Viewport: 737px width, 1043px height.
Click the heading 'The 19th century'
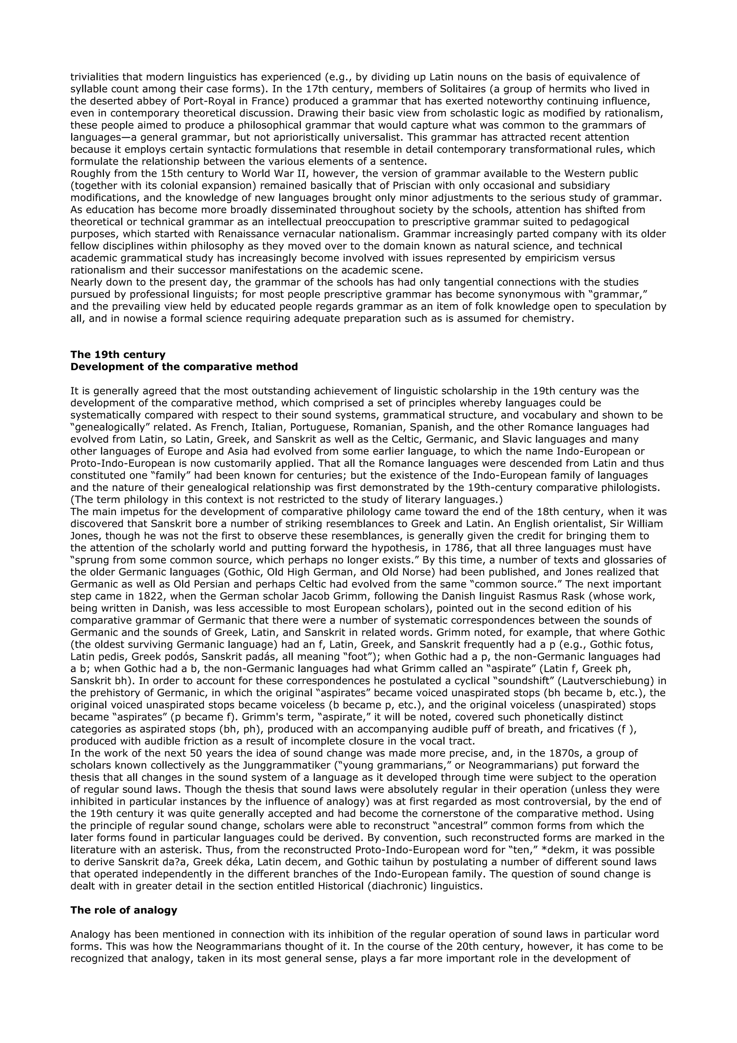[x=118, y=355]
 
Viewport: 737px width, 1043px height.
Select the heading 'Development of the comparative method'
[x=184, y=367]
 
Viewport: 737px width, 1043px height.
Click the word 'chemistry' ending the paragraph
[x=548, y=319]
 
